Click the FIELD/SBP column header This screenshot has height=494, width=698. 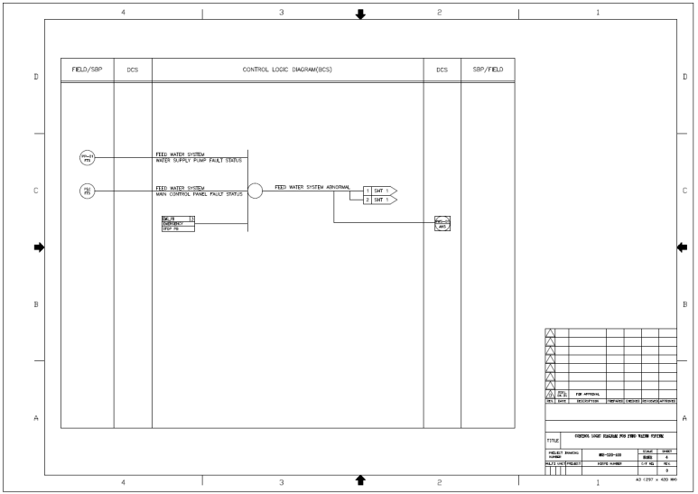(87, 70)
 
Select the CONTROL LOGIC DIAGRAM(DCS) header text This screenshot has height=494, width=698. (288, 70)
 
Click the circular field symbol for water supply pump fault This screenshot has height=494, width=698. (88, 158)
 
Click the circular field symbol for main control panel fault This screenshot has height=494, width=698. (88, 191)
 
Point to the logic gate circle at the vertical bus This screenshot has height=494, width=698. (255, 191)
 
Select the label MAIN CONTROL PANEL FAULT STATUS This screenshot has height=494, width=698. (199, 193)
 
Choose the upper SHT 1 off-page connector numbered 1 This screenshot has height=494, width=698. (379, 191)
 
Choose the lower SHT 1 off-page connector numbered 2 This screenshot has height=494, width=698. (379, 200)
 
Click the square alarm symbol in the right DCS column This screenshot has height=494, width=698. (442, 223)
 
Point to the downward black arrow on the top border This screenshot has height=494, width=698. (361, 13)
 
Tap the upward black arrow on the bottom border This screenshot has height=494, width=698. (361, 480)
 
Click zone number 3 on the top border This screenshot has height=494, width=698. (282, 13)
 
